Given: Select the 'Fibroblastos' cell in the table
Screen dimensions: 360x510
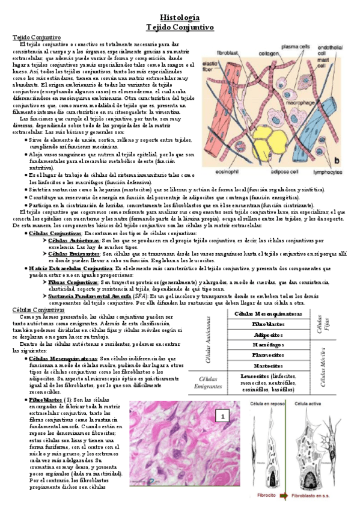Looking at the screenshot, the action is (x=269, y=324).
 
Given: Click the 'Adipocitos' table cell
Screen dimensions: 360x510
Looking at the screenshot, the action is (x=269, y=334).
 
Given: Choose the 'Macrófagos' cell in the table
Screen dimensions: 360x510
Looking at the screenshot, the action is (x=269, y=345).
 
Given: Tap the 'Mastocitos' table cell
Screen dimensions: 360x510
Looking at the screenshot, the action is (x=269, y=365).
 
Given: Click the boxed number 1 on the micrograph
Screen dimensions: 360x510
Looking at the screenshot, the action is (x=222, y=416).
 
